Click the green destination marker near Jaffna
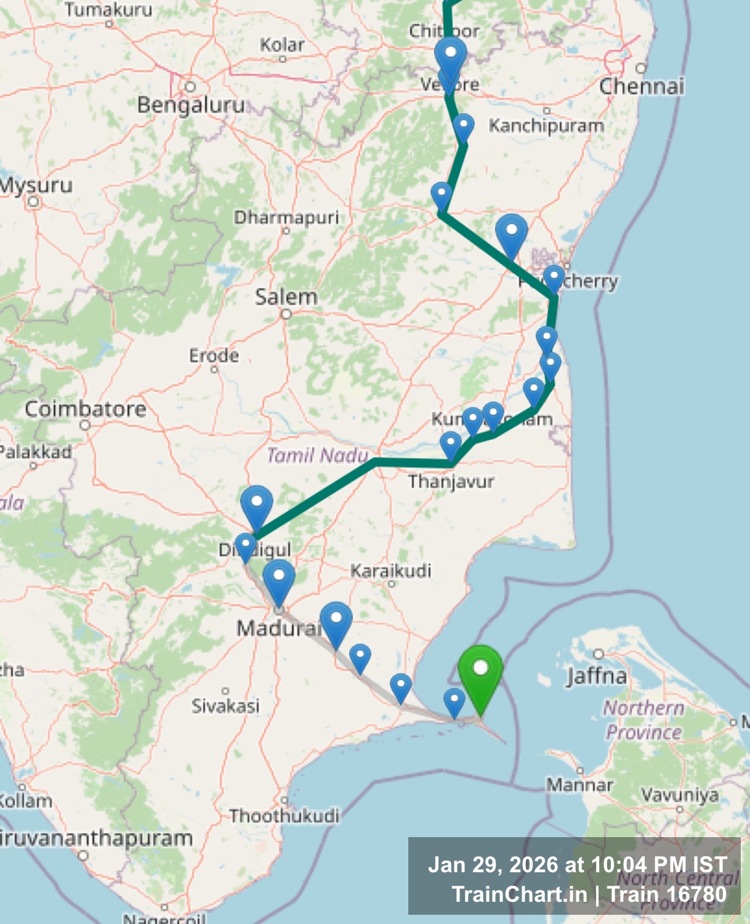[x=480, y=675]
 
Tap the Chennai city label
[x=642, y=86]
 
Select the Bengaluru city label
[x=191, y=105]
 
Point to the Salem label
[x=286, y=297]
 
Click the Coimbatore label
[x=86, y=409]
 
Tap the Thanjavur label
[x=451, y=481]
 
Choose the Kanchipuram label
[x=546, y=126]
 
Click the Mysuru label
[x=36, y=185]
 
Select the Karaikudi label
[x=390, y=570]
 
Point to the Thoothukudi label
[x=284, y=816]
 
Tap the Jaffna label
[x=597, y=676]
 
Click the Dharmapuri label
[x=286, y=217]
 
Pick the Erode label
[x=214, y=355]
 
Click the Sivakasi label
[x=225, y=705]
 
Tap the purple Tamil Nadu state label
[x=317, y=455]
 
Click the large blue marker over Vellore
[x=450, y=57]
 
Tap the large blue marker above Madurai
[x=279, y=579]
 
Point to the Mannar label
[x=579, y=785]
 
